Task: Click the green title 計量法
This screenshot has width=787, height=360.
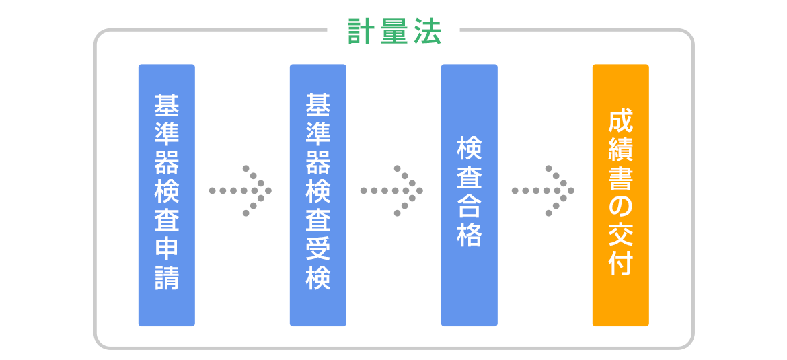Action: tap(394, 33)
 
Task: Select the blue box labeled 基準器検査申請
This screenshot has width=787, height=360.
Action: tap(167, 195)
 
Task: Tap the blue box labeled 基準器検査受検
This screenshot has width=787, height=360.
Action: tap(317, 195)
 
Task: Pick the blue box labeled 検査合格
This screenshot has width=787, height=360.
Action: tap(470, 195)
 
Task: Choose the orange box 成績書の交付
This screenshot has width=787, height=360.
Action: tap(621, 195)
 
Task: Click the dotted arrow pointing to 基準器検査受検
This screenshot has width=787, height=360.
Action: tap(240, 191)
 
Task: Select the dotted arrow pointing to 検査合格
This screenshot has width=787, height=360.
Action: tap(392, 191)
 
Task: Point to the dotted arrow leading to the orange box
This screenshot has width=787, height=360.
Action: tap(543, 191)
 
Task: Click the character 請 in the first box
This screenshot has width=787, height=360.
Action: tap(167, 278)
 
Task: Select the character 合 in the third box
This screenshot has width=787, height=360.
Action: tap(470, 207)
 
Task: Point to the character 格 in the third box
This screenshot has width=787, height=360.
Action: tap(470, 234)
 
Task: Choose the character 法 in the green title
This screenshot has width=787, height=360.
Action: tap(428, 33)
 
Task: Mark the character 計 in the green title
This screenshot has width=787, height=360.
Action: tap(361, 33)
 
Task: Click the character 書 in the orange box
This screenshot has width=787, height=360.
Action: tap(621, 179)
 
